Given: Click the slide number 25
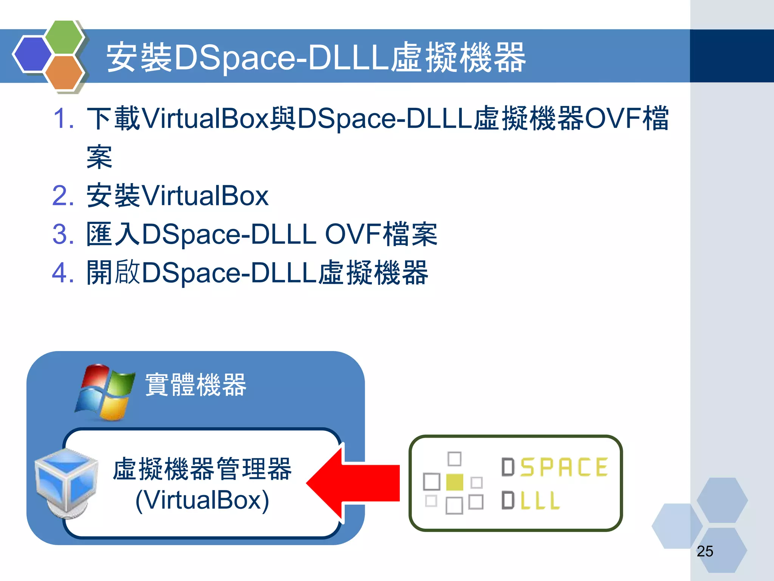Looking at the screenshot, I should point(705,551).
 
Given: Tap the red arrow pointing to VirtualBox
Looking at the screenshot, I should point(353,483).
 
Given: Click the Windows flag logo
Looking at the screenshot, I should point(105,392).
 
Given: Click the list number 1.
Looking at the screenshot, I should point(63,118).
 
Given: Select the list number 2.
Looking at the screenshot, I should point(63,196).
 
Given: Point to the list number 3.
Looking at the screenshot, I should point(63,234).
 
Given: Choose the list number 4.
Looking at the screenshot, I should point(63,273).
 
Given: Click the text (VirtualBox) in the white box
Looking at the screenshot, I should point(202,500).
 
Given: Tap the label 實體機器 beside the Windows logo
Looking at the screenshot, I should point(196,385).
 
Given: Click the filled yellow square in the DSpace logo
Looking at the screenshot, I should point(455,482).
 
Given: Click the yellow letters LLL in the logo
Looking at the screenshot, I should point(540,500).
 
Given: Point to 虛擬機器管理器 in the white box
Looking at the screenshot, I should point(202,469).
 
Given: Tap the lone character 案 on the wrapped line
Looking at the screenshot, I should point(99,157).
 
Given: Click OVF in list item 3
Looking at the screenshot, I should point(353,234).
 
